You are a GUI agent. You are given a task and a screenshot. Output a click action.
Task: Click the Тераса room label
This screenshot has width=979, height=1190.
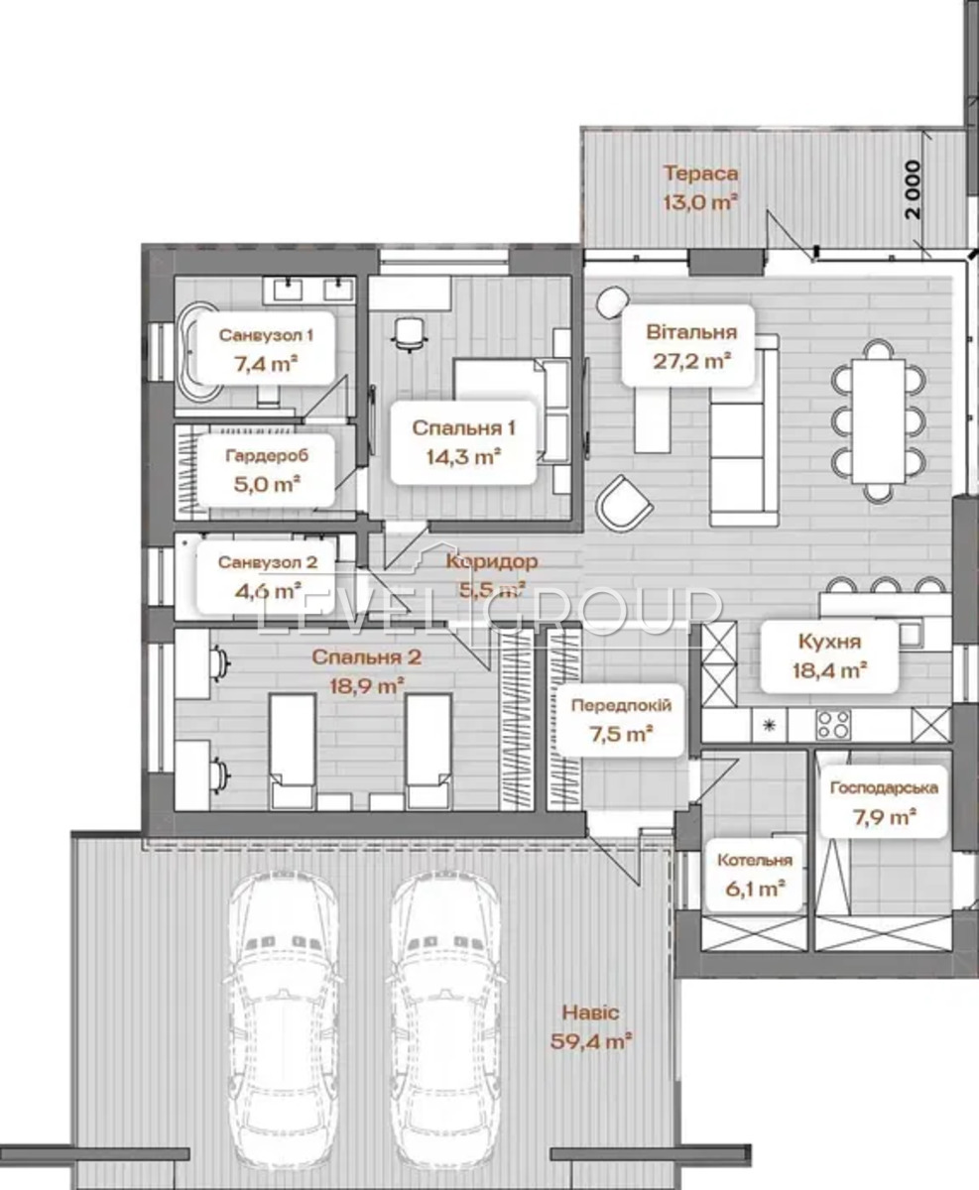(700, 173)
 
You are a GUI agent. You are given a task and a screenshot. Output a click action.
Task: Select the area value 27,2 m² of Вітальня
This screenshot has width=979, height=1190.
(691, 361)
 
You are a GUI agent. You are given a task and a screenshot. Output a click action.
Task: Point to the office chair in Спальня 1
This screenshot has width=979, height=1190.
(409, 335)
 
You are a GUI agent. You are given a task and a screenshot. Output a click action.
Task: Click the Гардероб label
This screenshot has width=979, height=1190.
(267, 455)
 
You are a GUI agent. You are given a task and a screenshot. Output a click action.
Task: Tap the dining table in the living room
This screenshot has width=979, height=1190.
(879, 420)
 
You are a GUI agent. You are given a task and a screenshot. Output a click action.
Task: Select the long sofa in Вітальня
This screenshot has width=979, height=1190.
(745, 430)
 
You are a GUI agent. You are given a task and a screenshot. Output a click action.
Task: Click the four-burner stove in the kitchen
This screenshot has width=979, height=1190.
(834, 725)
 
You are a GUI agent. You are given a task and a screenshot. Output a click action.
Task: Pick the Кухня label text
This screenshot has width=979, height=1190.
(829, 642)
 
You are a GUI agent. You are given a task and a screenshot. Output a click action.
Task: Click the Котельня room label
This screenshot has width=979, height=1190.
(755, 860)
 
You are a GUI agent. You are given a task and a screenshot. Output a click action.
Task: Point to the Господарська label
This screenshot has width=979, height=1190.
(884, 787)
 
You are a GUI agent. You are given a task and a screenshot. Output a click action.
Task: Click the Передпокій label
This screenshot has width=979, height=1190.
(621, 705)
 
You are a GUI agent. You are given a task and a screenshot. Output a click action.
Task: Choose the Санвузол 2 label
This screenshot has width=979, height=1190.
(268, 562)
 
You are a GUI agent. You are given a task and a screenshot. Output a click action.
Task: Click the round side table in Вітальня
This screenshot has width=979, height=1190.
(613, 302)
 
